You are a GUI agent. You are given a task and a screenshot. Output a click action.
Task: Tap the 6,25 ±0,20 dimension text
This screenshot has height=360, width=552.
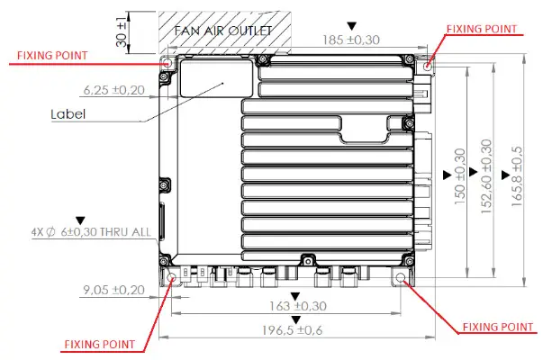113,91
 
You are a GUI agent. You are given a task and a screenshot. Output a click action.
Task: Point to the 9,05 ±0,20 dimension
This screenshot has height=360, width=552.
113,289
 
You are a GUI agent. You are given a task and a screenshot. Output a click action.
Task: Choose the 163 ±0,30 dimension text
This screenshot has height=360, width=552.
297,306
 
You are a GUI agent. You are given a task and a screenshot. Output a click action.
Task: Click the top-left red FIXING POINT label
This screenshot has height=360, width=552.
52,55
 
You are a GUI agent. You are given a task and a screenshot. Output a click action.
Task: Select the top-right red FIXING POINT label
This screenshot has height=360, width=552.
484,28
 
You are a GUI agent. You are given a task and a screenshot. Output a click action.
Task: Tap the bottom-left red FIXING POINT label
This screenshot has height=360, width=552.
99,344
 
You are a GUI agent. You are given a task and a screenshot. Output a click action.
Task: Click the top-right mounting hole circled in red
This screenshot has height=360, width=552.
427,64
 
